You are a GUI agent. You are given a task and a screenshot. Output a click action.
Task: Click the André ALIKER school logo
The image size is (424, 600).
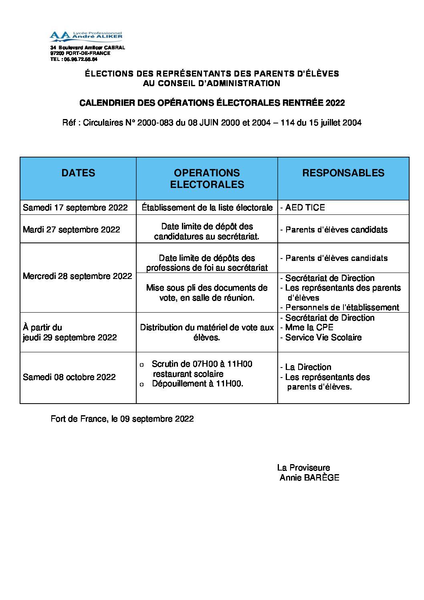[86, 36]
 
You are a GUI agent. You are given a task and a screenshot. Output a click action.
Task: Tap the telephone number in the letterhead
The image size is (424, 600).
[81, 59]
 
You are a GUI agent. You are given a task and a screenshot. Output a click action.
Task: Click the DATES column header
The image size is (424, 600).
[78, 173]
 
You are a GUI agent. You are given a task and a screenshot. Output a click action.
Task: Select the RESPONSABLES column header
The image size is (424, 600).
[343, 173]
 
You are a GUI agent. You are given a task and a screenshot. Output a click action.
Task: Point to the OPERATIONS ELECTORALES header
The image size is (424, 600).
[207, 179]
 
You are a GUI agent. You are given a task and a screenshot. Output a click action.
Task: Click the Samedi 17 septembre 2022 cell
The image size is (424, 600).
[75, 208]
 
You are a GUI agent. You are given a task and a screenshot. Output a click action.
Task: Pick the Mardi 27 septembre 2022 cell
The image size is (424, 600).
[71, 230]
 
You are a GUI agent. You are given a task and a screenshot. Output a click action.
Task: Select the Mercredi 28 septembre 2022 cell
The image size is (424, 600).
[77, 276]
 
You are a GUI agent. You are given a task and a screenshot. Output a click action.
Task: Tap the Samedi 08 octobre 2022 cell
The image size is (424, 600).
[69, 377]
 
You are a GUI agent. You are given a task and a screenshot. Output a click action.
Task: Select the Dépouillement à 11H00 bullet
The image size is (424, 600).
[197, 384]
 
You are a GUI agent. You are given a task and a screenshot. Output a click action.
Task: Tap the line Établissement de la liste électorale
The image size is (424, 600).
[207, 208]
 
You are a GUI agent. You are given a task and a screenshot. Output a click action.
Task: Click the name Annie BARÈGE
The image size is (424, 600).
[309, 478]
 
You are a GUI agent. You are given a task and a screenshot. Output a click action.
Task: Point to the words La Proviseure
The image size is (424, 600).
[303, 468]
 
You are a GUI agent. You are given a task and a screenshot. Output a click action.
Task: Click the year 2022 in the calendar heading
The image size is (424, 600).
[335, 103]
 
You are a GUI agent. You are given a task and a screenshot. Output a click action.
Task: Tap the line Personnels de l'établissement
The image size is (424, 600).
[342, 307]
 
